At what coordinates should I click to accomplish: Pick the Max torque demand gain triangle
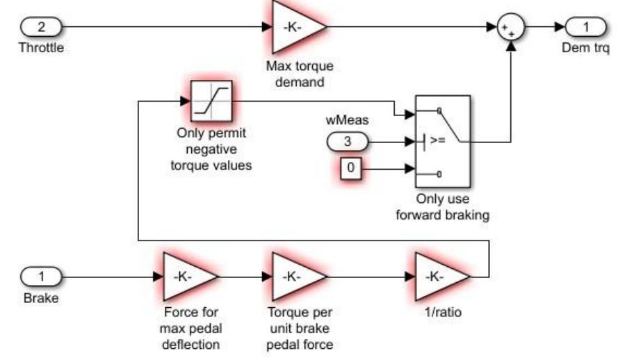pos(294,28)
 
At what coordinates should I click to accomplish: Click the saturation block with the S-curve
pos(210,102)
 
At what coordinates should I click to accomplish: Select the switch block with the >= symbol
pos(442,141)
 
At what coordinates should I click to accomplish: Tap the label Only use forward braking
pos(443,208)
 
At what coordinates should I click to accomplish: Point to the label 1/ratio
pos(443,313)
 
